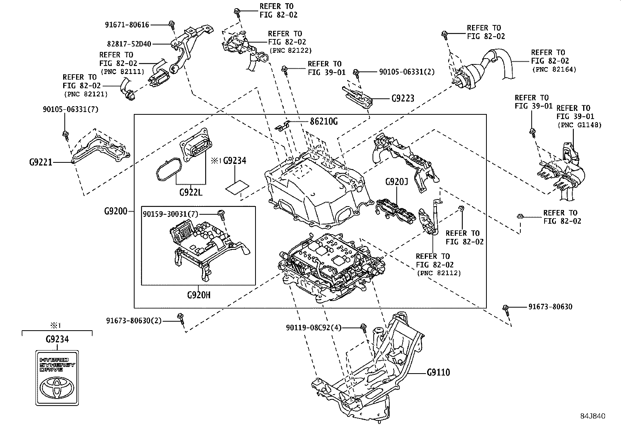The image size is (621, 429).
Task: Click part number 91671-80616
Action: (127, 25)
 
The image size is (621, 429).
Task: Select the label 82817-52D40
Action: (129, 44)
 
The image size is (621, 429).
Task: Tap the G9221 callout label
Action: (41, 162)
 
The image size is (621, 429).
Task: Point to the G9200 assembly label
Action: (115, 211)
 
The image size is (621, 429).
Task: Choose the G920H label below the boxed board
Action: (198, 295)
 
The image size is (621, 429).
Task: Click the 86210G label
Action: (323, 121)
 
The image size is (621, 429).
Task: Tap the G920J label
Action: (396, 182)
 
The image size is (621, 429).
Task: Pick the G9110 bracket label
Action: (438, 372)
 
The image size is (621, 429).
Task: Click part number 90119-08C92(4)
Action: (313, 328)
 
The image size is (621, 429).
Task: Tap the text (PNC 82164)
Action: (554, 69)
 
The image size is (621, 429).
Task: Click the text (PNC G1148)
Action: (579, 125)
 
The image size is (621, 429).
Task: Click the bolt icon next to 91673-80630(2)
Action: (180, 317)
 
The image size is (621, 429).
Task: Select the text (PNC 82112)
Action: (438, 273)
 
